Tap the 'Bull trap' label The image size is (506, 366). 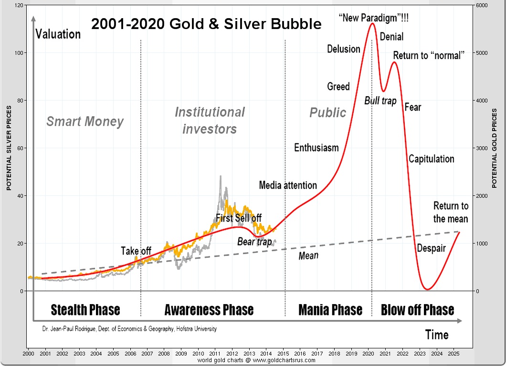point(380,101)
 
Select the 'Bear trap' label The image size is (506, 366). point(254,242)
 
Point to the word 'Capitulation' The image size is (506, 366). point(431,159)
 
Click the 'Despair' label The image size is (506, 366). point(431,248)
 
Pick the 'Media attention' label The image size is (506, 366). point(288,185)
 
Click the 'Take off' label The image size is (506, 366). point(136,251)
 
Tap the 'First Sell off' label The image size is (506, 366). point(239,218)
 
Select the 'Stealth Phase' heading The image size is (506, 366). point(85,310)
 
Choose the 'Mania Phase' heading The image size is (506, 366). point(330,310)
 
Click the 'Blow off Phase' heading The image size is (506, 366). point(417,310)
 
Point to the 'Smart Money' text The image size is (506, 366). point(85,122)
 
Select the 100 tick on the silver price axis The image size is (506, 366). point(19,53)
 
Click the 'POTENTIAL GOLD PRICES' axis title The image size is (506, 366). point(495,148)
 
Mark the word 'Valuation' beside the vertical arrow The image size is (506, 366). point(58,34)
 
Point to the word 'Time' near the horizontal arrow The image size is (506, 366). point(437,335)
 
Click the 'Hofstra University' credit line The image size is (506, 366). point(129,329)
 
